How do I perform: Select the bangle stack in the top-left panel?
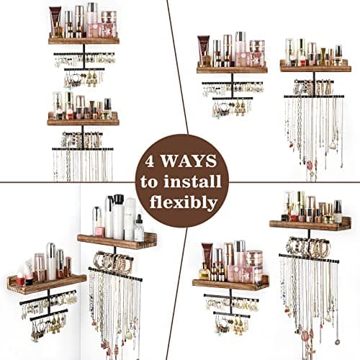tap(82, 139)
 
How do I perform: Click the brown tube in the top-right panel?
tap(204, 51)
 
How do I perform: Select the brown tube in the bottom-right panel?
tap(207, 260)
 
